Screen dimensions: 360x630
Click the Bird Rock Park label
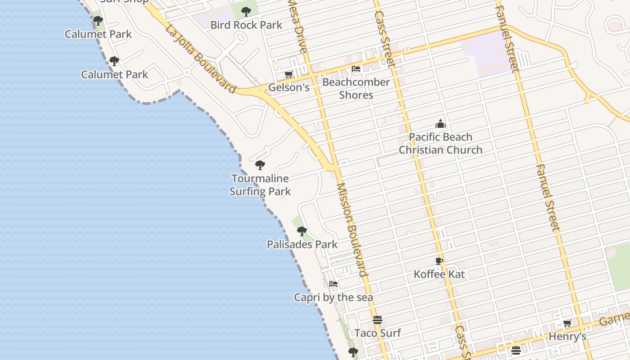246,25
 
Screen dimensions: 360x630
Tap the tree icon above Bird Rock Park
246,12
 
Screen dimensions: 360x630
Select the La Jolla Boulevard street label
200,59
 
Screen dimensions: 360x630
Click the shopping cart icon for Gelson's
288,74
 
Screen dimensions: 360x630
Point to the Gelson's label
289,87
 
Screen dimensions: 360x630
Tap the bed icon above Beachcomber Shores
356,69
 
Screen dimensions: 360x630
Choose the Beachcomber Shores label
356,89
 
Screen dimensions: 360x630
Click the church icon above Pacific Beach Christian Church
440,124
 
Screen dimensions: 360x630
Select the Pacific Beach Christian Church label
441,144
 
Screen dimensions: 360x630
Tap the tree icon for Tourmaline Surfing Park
260,165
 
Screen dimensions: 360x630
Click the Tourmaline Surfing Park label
260,185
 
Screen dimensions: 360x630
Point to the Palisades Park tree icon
302,231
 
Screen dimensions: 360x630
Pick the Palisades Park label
302,244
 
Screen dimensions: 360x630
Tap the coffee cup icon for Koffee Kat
439,261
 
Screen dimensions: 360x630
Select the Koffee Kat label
439,274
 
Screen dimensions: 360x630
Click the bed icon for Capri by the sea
333,284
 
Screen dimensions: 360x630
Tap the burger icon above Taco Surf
378,320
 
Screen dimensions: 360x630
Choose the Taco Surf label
378,333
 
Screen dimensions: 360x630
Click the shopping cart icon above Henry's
567,324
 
